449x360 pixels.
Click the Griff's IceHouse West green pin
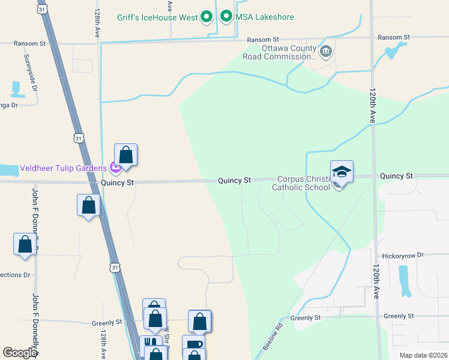click(x=207, y=16)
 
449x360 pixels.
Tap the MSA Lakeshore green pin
click(x=226, y=16)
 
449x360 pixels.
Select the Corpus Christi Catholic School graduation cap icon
click(x=342, y=172)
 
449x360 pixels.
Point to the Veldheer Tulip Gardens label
click(x=63, y=167)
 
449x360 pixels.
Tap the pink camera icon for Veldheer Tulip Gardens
click(x=113, y=167)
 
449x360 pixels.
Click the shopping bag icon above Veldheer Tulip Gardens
click(x=126, y=155)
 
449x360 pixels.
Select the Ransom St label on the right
click(x=393, y=37)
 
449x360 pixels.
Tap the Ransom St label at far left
click(x=31, y=44)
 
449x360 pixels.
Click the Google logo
click(x=20, y=353)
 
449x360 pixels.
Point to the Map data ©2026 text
click(x=423, y=355)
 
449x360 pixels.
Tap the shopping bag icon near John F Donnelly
click(x=25, y=245)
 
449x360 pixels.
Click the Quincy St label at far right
click(x=396, y=176)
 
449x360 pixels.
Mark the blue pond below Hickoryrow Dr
click(x=405, y=281)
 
